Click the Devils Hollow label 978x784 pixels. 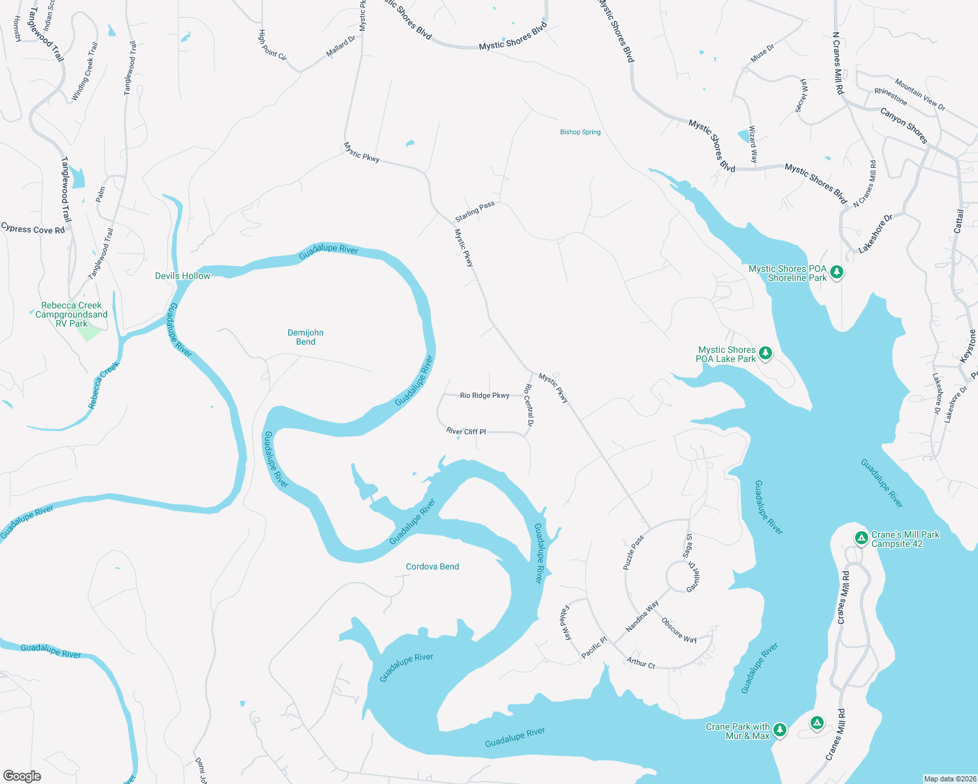(182, 276)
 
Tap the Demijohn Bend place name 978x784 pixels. (305, 337)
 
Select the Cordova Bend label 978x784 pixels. (432, 566)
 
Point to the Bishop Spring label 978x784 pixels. (580, 132)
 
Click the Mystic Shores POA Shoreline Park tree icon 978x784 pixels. (837, 272)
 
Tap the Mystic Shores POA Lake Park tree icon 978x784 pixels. (766, 353)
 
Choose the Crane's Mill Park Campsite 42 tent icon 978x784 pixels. (862, 538)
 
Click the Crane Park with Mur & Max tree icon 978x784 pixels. (779, 730)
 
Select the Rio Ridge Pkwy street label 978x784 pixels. (484, 395)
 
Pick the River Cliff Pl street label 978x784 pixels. (466, 431)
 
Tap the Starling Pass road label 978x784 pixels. (475, 211)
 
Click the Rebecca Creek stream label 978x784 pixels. (104, 385)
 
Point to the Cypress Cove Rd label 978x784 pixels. (33, 229)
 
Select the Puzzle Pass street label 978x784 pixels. (633, 553)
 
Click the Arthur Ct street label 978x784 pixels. (641, 663)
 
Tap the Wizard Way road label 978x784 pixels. (752, 144)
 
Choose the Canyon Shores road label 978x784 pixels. (903, 125)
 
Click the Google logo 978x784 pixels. (22, 776)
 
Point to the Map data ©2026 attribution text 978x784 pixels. (949, 779)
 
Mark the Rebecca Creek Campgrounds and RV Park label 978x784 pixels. (71, 314)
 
